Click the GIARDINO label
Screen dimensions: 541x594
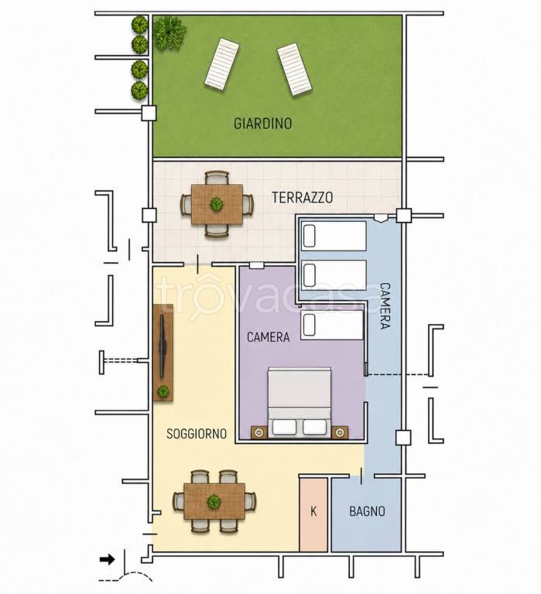tap(262, 124)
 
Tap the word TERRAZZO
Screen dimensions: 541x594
tap(303, 197)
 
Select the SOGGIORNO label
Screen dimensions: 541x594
tap(197, 434)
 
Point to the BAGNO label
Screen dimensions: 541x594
tap(367, 511)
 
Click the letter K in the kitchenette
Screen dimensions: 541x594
tap(313, 511)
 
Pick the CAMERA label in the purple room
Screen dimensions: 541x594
tap(268, 337)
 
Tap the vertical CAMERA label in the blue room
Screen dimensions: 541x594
tap(385, 306)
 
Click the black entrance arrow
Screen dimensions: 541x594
tap(108, 559)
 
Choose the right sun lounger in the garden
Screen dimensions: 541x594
tap(295, 70)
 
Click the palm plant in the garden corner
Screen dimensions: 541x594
tap(169, 33)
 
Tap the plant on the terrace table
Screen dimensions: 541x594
tap(217, 204)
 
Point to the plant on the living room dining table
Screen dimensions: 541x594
tap(214, 501)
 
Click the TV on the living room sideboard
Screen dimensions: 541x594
tap(163, 346)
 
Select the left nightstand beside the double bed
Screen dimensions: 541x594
tap(259, 432)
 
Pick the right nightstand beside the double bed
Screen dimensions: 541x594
tap(340, 432)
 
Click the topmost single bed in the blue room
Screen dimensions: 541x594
tap(334, 236)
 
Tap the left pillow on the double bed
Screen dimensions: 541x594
tap(284, 427)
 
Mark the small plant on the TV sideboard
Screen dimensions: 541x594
tap(163, 391)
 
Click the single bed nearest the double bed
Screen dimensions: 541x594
tap(332, 325)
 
